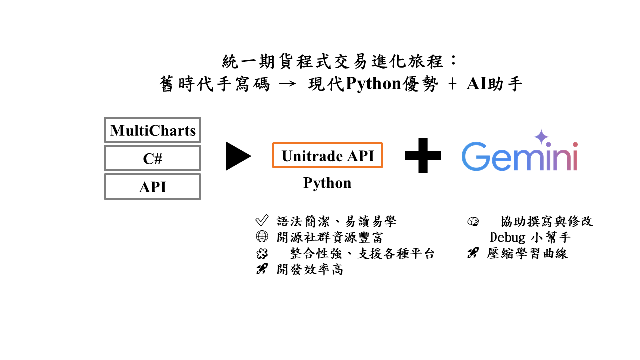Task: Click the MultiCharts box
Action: click(152, 130)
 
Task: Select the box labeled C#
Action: click(152, 158)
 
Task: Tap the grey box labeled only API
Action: click(152, 187)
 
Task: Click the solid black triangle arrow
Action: click(237, 156)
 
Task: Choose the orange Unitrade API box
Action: click(327, 156)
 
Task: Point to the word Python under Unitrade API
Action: click(327, 183)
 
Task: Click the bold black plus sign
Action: click(423, 156)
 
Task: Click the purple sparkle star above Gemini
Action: click(541, 137)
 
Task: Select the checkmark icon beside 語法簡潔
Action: click(262, 221)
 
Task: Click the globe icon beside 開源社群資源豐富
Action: click(262, 237)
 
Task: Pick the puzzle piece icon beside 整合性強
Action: click(262, 254)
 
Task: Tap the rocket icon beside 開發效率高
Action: click(262, 269)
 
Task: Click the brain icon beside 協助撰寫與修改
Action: click(473, 221)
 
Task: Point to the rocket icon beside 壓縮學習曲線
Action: click(473, 253)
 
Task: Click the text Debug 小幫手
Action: click(530, 237)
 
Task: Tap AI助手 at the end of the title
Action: click(494, 84)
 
